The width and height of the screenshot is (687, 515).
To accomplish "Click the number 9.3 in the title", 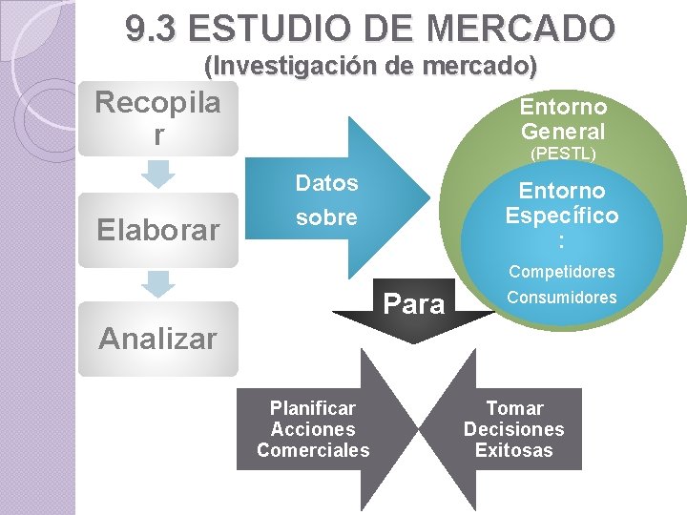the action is pos(153,29).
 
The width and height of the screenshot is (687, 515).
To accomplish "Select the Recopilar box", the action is pos(157,119).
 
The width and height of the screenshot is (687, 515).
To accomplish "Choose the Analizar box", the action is pos(157,339).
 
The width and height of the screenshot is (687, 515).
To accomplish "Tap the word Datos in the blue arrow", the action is pos(326,183).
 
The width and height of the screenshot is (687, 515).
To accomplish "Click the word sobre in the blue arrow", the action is pos(326,217).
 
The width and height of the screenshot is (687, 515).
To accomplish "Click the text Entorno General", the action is pos(563,118).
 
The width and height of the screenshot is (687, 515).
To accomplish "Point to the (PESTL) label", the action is pos(563,153).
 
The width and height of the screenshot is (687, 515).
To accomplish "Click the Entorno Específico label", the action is pos(561,216).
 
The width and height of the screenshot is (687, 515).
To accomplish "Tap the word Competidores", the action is pos(561,272).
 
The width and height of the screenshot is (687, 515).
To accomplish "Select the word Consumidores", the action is pos(561,298).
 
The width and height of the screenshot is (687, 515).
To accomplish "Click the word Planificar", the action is pos(313,408).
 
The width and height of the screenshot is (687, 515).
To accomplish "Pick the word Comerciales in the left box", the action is pos(313,450).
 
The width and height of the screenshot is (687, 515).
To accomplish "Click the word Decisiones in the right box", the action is pos(513,429).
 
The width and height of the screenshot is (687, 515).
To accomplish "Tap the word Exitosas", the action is pos(513,450).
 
